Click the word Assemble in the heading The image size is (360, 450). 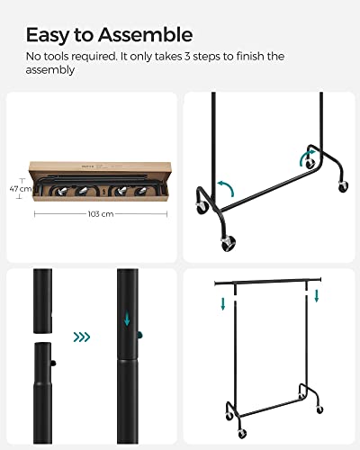click(144, 35)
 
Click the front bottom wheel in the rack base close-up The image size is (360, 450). click(229, 242)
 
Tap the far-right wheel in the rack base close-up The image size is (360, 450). click(343, 186)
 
